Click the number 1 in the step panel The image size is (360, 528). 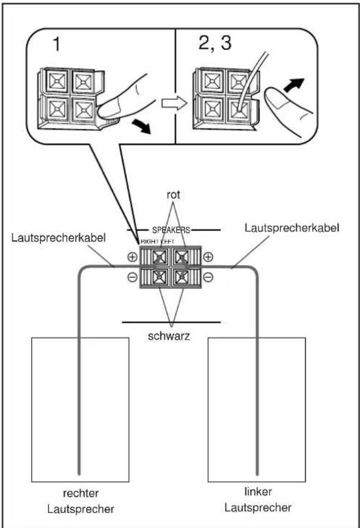click(x=57, y=44)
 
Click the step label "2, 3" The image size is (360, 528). click(x=215, y=43)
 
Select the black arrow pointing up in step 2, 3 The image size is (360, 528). click(x=294, y=85)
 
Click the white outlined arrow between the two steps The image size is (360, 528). click(x=174, y=103)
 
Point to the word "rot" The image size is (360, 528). click(x=173, y=195)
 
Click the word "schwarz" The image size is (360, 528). click(x=168, y=336)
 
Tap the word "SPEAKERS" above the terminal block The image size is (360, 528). click(x=171, y=231)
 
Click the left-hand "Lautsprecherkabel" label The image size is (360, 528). click(x=58, y=238)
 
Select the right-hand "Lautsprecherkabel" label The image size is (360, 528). click(x=291, y=228)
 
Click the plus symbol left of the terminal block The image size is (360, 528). click(x=132, y=257)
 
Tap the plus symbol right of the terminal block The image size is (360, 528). click(x=209, y=257)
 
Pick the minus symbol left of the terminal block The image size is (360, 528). click(x=132, y=277)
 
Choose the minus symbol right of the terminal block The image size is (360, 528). click(x=209, y=277)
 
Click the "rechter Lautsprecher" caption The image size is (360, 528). click(x=81, y=501)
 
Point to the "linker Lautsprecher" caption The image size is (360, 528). click(x=258, y=499)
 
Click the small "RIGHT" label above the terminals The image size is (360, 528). click(x=149, y=241)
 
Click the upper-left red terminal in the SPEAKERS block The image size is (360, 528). click(x=159, y=258)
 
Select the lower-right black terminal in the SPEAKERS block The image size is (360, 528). click(x=182, y=277)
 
